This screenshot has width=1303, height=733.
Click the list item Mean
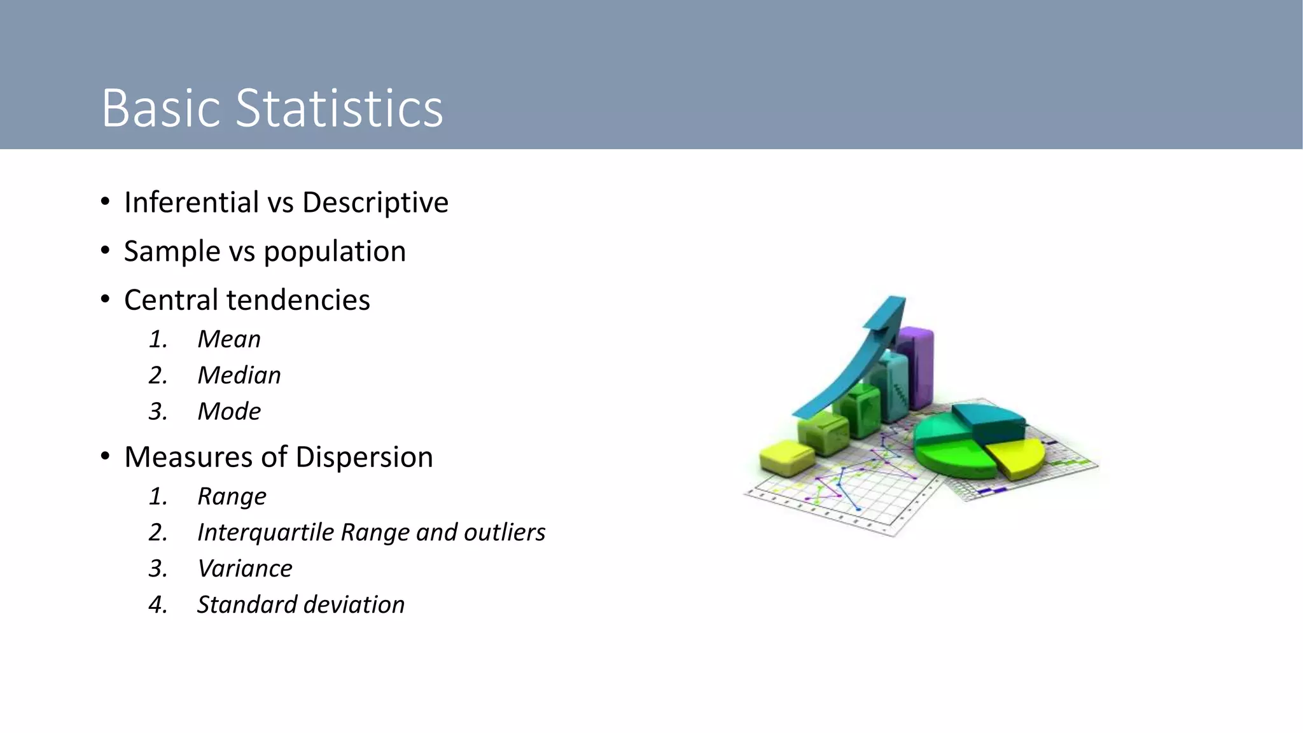(x=229, y=339)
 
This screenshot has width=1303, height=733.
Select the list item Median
(x=239, y=375)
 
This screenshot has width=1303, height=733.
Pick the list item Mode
(x=229, y=412)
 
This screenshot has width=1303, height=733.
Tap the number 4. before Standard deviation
(x=158, y=605)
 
